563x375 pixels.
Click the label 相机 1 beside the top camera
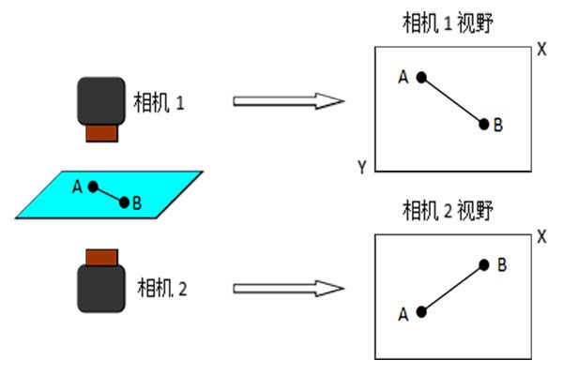(x=161, y=100)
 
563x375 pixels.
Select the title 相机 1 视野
(x=448, y=23)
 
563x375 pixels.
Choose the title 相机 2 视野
(x=448, y=208)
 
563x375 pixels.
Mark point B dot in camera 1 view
(x=484, y=124)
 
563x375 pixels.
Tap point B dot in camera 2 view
(x=484, y=265)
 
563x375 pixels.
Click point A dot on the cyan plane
(x=93, y=187)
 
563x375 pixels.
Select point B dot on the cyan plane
(x=124, y=202)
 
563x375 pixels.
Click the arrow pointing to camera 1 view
(x=285, y=100)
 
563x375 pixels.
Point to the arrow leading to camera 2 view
(x=285, y=287)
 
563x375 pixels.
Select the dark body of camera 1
(x=101, y=100)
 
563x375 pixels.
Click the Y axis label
(x=361, y=167)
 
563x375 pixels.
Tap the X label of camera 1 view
(x=541, y=49)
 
